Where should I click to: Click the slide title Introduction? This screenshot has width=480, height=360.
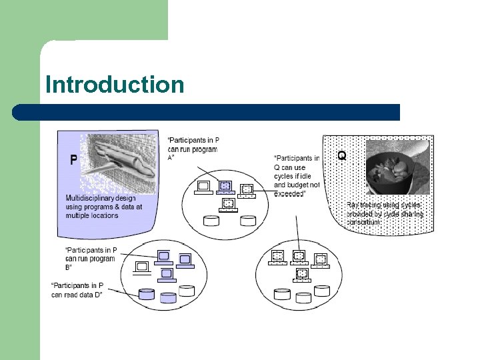(114, 85)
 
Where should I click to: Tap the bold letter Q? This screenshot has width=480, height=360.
(342, 155)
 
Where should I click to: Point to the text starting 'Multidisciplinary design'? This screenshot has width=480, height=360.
(103, 207)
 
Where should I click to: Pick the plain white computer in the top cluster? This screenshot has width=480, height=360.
(203, 187)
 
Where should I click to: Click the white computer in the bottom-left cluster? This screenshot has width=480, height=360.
(142, 268)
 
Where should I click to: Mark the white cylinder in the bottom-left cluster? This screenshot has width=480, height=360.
(187, 291)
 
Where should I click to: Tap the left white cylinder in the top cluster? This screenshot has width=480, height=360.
(211, 221)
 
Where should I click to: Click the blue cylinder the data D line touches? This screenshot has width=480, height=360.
(145, 293)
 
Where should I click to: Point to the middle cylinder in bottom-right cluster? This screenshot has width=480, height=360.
(303, 297)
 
